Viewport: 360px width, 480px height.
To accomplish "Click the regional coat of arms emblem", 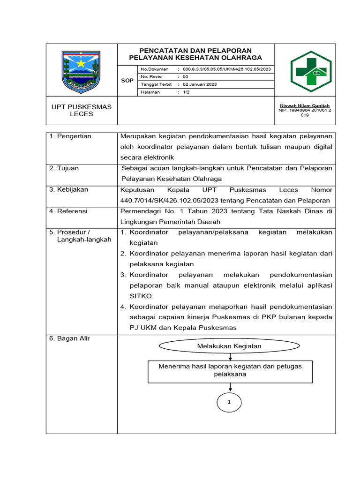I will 82,71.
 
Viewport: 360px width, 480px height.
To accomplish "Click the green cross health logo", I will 310,72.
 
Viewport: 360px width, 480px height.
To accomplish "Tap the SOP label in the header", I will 127,81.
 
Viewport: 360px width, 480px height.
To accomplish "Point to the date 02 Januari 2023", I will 200,84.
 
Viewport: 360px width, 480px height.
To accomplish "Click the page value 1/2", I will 186,92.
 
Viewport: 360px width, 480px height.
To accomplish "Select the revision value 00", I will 186,76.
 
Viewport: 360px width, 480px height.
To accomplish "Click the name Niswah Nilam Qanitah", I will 305,105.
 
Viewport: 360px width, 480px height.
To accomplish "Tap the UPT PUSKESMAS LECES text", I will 82,110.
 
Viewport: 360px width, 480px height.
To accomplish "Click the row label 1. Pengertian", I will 70,136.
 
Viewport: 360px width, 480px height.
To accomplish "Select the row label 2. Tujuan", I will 64,168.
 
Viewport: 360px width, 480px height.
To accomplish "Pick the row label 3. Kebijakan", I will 68,190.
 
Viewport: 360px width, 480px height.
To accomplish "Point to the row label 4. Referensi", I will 68,211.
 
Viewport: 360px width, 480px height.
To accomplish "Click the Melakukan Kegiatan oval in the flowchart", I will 229,346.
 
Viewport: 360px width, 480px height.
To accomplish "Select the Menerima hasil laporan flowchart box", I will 230,371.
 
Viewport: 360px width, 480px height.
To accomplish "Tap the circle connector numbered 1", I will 229,402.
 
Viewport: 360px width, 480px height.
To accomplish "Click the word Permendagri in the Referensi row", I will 140,211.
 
